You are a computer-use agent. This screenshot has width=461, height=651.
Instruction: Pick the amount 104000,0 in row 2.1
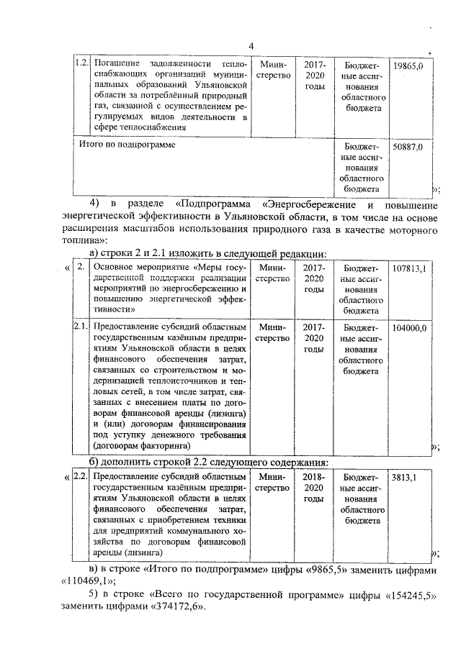(410, 327)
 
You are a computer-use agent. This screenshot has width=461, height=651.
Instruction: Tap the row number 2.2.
(82, 477)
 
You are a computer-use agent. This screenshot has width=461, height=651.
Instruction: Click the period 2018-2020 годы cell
(314, 488)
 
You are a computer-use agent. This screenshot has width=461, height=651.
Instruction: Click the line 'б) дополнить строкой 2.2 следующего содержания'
(209, 461)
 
